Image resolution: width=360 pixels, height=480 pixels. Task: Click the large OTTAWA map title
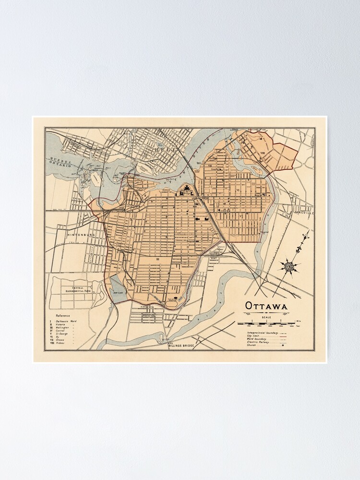pos(266,305)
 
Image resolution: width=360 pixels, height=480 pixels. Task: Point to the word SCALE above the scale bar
pos(266,317)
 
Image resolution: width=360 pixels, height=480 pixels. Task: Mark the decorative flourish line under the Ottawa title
pos(266,313)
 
